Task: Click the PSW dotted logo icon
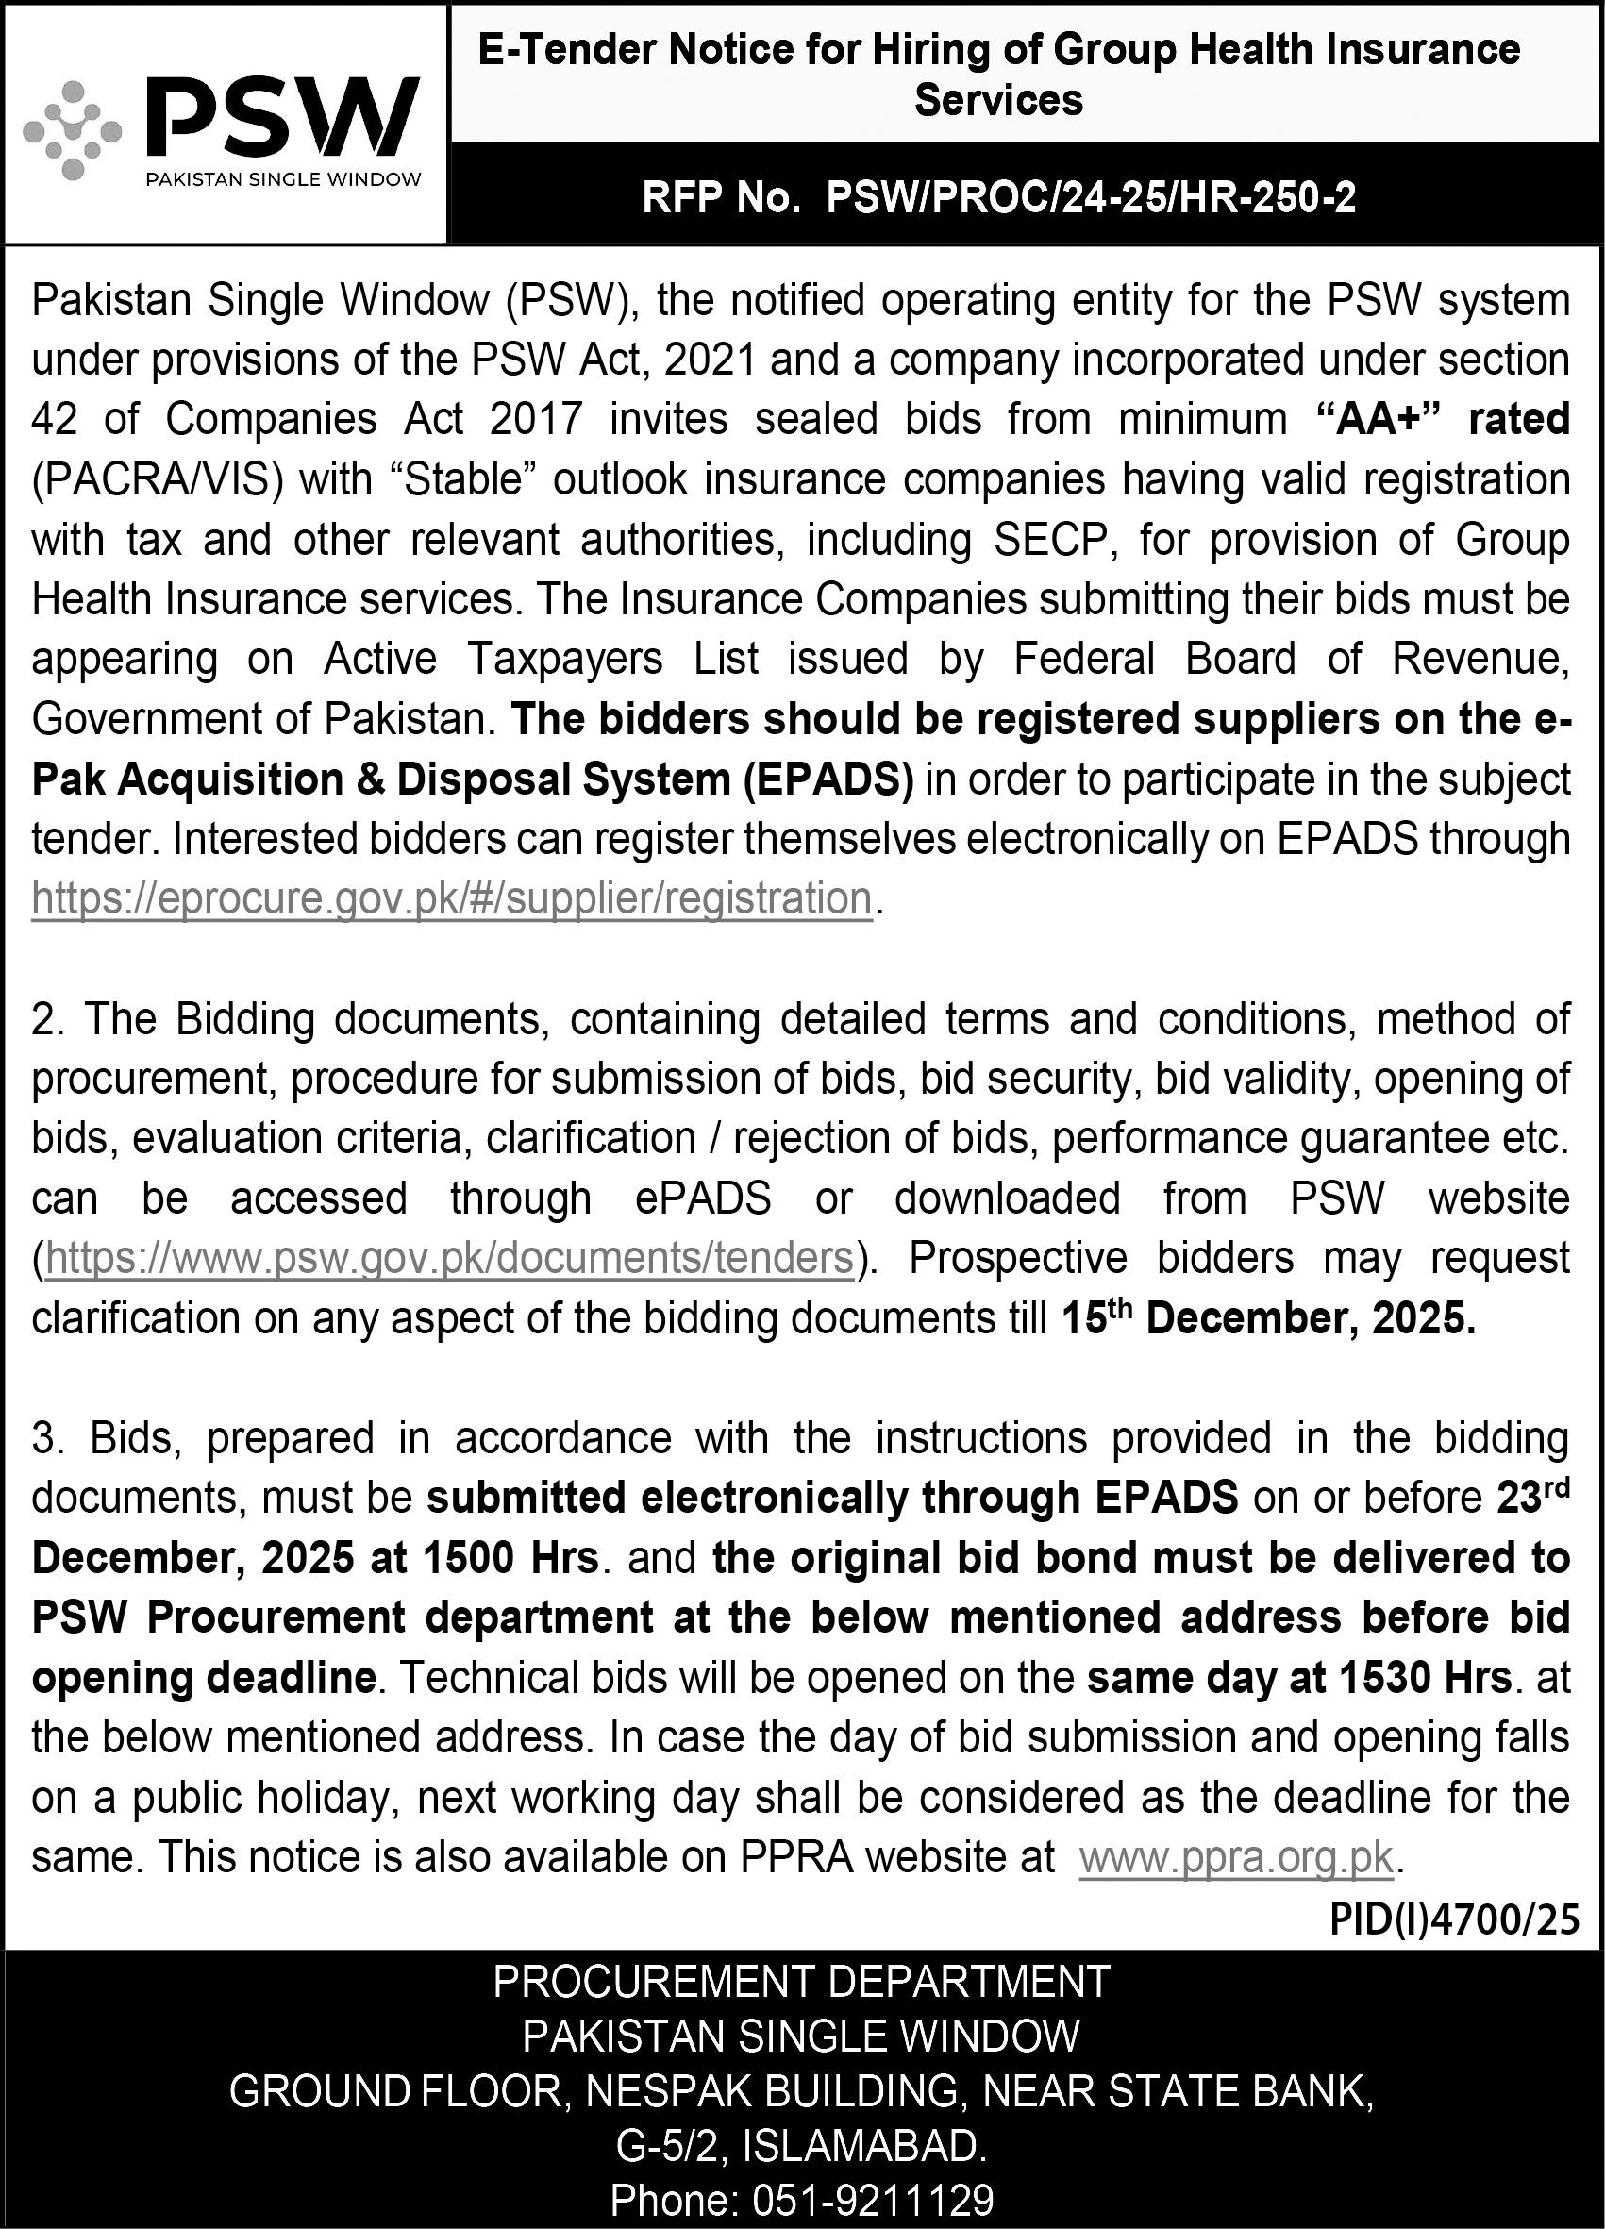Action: [72, 132]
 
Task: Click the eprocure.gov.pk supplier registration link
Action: [452, 898]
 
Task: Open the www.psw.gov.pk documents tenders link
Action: [449, 1258]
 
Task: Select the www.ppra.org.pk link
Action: [1235, 1857]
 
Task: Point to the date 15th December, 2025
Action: [1268, 1319]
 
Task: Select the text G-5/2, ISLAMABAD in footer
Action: [801, 2142]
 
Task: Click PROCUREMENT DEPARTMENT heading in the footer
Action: [801, 1977]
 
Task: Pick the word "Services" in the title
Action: [998, 100]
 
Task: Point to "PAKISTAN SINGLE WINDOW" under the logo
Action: [283, 179]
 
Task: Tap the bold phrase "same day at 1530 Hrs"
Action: [1298, 1678]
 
